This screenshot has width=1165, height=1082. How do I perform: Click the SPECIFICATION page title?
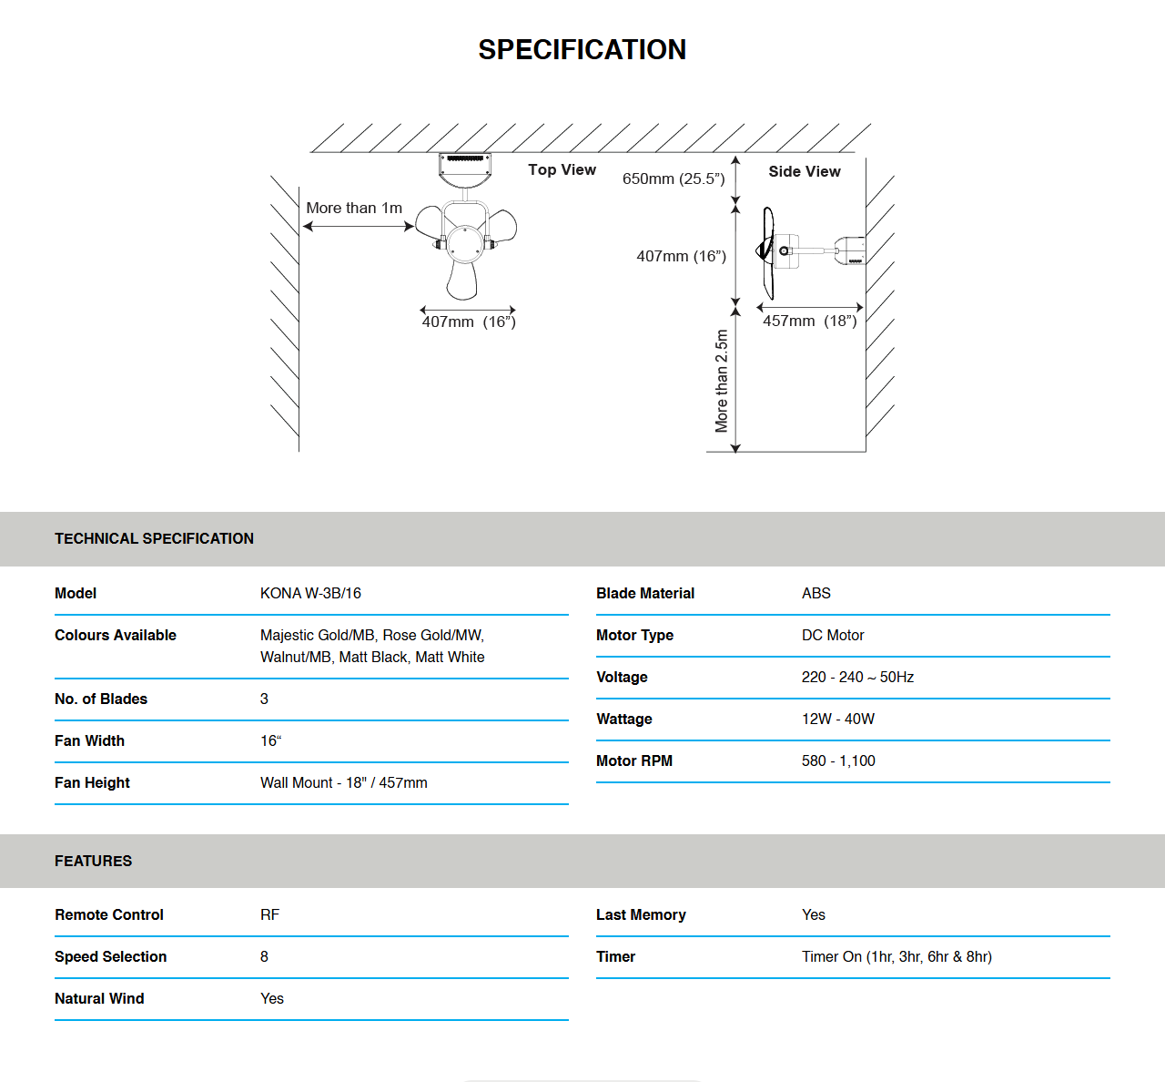(582, 49)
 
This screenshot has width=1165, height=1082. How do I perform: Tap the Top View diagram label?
(562, 169)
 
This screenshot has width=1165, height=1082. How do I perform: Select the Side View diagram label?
(804, 171)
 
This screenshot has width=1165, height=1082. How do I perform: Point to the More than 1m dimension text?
(354, 208)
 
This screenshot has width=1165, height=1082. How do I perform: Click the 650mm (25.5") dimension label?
(674, 179)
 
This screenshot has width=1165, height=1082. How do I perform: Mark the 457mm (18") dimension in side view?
(809, 321)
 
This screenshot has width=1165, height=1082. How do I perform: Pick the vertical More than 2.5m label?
(722, 381)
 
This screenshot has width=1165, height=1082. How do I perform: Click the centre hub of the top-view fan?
(464, 244)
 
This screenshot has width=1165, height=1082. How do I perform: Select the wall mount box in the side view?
(850, 250)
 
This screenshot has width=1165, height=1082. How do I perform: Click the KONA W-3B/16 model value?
(310, 593)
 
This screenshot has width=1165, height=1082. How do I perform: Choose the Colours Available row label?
(116, 635)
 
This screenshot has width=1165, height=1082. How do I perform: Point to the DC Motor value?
(833, 635)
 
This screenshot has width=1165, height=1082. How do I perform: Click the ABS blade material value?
(816, 593)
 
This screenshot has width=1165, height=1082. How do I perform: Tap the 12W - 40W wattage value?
(838, 719)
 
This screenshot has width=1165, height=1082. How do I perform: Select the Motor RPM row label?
(634, 760)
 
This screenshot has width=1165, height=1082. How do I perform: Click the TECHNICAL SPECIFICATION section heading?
(154, 538)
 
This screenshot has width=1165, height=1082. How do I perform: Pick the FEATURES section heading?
(93, 861)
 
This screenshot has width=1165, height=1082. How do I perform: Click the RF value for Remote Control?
(269, 914)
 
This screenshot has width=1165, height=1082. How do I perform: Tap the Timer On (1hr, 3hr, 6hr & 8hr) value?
(897, 956)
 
